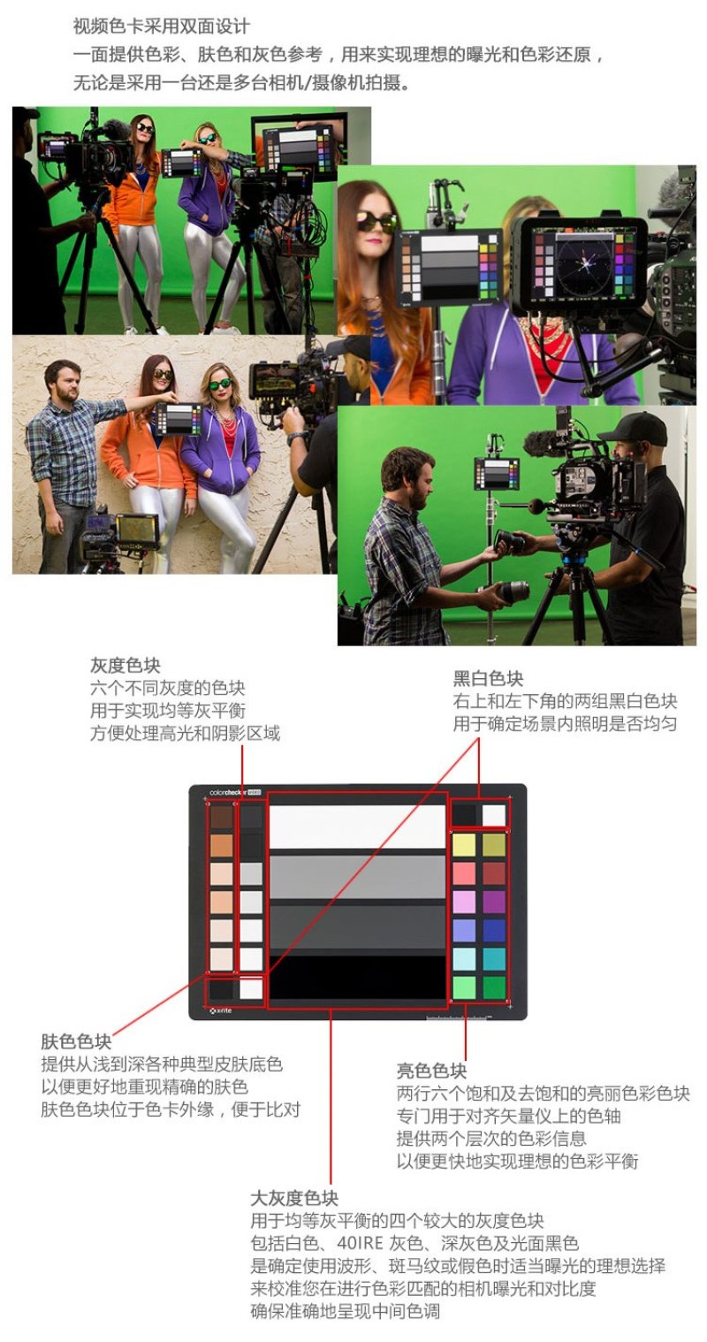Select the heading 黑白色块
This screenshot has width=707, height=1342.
click(x=488, y=679)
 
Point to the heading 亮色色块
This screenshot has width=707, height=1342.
click(x=431, y=1071)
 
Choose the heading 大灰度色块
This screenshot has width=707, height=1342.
click(x=294, y=1199)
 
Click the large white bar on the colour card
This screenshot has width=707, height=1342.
click(x=357, y=827)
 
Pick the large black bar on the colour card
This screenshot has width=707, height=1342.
click(x=357, y=976)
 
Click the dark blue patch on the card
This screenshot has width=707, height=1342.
click(x=494, y=930)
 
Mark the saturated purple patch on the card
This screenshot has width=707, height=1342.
click(x=494, y=902)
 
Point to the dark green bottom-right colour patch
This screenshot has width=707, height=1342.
click(x=494, y=987)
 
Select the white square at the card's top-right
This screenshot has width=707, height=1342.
click(x=494, y=814)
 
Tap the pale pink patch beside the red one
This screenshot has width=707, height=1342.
click(x=464, y=873)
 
